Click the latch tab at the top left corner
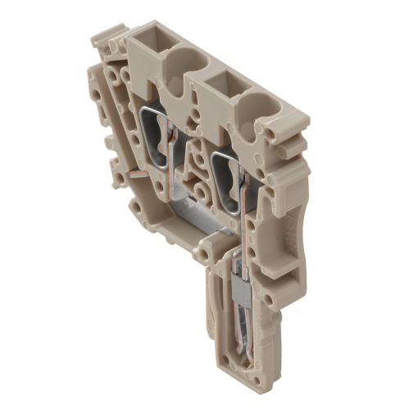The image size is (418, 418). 103,37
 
